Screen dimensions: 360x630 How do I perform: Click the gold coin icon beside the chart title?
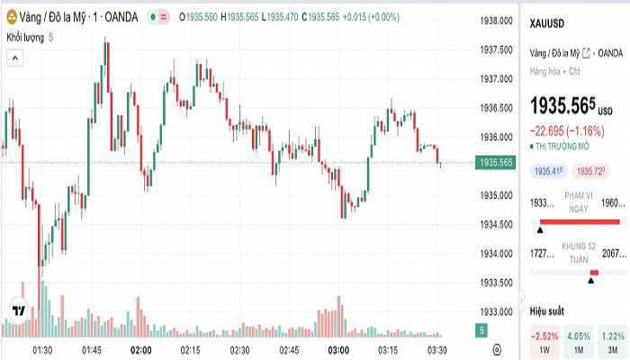(13, 17)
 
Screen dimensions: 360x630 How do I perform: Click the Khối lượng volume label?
(25, 37)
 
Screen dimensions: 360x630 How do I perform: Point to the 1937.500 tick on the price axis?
(497, 49)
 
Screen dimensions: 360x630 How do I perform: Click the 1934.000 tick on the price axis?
(497, 253)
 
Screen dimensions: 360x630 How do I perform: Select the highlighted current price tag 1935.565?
(497, 163)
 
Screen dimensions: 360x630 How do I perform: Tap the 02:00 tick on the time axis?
(140, 349)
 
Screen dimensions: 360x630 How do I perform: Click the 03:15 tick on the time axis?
(388, 349)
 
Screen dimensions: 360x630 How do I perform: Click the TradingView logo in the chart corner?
(17, 311)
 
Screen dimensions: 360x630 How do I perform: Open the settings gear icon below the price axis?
(497, 349)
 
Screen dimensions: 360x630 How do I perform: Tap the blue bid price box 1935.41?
(549, 170)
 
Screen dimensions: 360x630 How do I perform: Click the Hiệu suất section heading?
(547, 310)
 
